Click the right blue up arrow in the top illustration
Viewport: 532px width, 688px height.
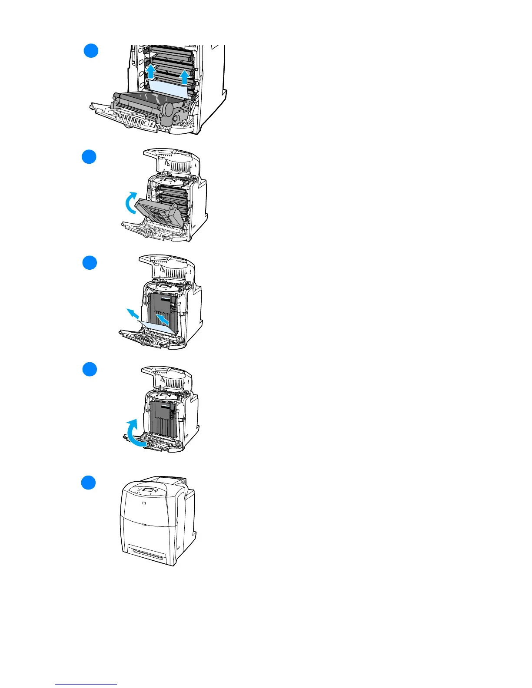(184, 77)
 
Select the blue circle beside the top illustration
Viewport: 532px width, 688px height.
(91, 50)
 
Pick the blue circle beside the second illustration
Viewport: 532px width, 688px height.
(89, 156)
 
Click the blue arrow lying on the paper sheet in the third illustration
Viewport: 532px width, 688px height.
(163, 320)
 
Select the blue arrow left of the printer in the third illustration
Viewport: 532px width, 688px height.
(133, 313)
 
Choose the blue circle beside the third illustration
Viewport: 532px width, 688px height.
(90, 263)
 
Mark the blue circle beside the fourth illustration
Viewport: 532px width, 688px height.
(90, 370)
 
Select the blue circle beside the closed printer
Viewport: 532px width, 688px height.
(89, 483)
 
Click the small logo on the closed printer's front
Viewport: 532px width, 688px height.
(144, 503)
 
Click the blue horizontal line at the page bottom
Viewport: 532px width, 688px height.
(86, 684)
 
